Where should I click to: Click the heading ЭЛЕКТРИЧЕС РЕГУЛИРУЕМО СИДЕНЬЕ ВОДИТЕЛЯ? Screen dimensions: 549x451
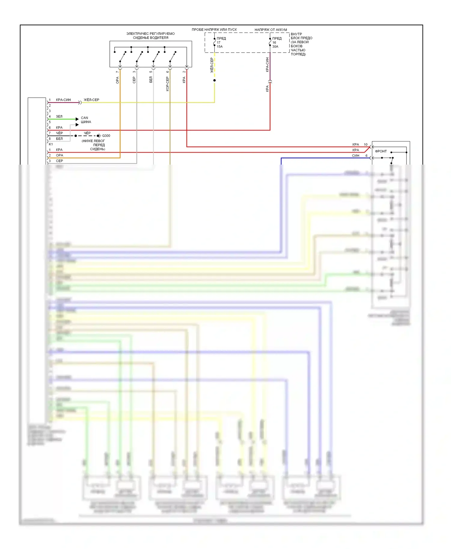150,35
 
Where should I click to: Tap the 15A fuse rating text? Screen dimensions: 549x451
220,47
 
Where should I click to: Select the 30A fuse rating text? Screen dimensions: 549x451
275,47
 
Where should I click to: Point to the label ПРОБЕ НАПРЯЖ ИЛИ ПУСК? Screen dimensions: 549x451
214,29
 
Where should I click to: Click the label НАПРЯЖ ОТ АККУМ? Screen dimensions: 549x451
271,30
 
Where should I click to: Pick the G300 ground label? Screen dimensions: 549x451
106,136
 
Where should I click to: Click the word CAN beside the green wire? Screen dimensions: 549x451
84,118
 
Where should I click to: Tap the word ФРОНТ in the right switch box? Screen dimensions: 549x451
381,151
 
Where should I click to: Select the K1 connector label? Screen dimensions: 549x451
51,144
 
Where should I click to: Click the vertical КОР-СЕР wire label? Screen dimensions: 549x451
167,84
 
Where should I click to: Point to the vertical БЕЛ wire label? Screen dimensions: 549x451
151,80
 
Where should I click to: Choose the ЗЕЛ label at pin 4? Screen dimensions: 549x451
59,117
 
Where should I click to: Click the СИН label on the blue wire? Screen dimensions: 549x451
355,156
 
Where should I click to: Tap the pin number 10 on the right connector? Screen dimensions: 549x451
366,144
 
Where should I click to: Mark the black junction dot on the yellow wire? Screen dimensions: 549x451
214,80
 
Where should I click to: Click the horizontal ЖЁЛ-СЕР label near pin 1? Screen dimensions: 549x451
91,100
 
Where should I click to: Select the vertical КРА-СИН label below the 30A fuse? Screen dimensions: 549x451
267,65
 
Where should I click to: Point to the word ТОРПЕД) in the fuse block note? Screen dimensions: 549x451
298,54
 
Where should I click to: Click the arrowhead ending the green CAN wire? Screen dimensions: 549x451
77,119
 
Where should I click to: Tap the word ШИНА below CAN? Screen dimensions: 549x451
86,122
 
